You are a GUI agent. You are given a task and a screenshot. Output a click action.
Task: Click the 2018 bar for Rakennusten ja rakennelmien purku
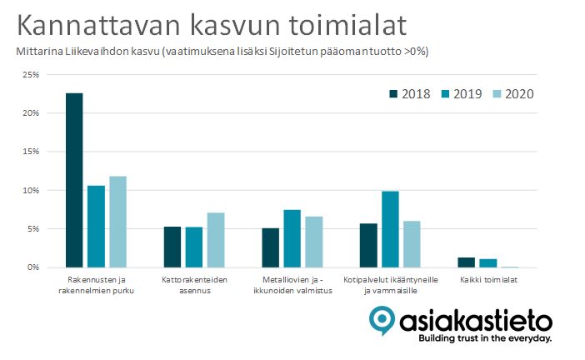coord(74,180)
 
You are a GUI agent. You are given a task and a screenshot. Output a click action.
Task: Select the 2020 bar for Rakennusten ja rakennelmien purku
coord(117,222)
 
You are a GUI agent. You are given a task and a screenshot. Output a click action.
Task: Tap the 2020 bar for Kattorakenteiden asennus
coord(216,240)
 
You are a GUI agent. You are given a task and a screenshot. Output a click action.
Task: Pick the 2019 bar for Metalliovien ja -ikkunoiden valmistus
coord(292,239)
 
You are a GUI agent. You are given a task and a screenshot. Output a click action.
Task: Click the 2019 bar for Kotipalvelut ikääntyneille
coord(390,229)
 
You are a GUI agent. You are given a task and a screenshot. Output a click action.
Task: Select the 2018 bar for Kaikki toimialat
coord(467,262)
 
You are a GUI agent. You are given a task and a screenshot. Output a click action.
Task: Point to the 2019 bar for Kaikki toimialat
coord(488,263)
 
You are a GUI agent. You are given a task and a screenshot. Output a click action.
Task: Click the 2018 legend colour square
coord(393,94)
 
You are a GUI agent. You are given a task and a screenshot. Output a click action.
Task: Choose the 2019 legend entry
coord(462,94)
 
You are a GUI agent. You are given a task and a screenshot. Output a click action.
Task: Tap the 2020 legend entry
coord(513,94)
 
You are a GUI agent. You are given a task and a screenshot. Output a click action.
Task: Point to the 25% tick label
coord(31,75)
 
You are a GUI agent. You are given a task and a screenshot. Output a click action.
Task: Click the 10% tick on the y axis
coord(31,190)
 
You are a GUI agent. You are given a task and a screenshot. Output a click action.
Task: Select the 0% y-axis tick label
coord(33,267)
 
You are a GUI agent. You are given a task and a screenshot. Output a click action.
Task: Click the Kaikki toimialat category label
coord(488,280)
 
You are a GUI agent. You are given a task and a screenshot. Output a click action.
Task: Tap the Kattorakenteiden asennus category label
coord(194,285)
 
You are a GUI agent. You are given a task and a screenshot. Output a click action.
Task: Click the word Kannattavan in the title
coord(98,25)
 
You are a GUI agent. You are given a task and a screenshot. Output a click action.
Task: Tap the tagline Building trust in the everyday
coord(485,338)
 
